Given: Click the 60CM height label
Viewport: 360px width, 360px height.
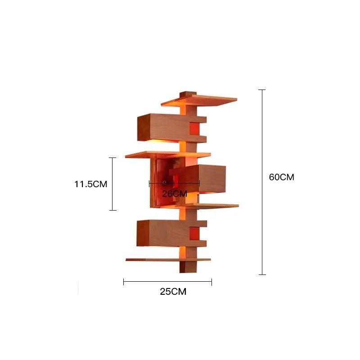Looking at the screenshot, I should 281,177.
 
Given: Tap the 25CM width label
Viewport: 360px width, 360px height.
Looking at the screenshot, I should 173,292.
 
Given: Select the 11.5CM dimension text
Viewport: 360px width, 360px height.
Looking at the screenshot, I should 90,184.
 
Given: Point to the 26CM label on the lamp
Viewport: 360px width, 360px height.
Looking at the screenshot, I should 175,193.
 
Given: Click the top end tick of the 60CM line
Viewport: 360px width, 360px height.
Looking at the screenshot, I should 262,90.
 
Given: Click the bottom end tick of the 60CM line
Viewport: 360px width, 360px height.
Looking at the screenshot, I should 262,274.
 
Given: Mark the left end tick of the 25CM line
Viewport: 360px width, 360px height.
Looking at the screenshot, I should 124,282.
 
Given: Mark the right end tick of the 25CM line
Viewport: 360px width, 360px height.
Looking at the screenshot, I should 211,282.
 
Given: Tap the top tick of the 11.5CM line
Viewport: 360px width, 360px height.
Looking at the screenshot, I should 112,158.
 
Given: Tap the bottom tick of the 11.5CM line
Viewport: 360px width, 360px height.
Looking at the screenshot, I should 112,210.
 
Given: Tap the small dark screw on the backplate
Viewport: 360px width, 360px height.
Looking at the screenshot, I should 165,182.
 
